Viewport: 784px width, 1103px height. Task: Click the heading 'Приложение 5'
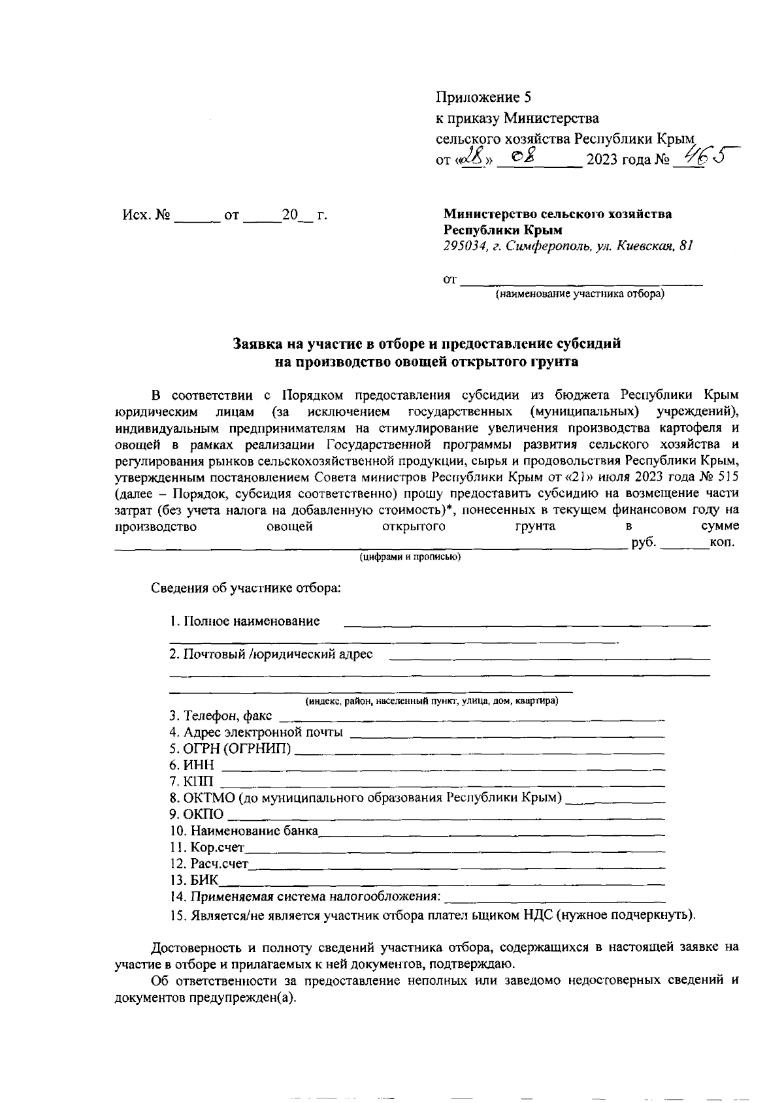pos(483,98)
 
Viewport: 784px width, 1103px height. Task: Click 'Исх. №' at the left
pos(146,215)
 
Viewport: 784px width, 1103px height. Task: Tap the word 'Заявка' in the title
pos(260,344)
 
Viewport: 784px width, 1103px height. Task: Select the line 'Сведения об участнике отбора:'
pos(246,587)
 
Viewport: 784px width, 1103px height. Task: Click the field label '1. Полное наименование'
pos(244,621)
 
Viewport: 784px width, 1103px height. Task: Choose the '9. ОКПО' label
pos(196,814)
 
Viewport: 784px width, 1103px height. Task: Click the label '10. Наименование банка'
pos(243,831)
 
